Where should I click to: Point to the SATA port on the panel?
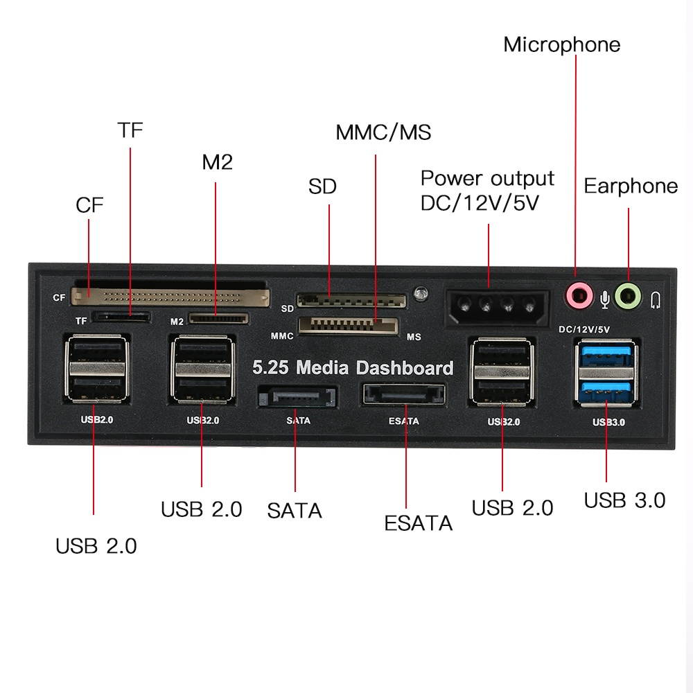297,398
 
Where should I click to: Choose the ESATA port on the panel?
403,396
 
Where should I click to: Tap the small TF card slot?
122,317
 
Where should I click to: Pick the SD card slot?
351,301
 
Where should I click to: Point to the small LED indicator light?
419,294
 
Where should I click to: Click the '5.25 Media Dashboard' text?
353,367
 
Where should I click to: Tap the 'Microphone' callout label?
561,45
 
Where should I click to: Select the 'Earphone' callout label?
631,186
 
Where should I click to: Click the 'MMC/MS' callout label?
383,132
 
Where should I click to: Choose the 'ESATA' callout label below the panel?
418,523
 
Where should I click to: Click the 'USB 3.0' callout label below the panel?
624,500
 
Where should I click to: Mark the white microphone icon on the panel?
605,298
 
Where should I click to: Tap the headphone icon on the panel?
656,299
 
